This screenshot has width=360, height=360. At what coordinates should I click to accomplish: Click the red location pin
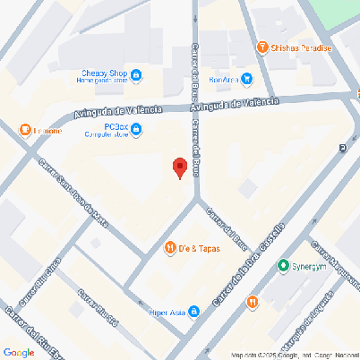(x=179, y=167)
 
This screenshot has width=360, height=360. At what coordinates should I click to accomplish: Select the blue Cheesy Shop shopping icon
(x=135, y=73)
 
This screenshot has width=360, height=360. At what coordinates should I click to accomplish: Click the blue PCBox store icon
(x=136, y=132)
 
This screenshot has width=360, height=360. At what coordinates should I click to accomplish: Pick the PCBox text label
(x=115, y=127)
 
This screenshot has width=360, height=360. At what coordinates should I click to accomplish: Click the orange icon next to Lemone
(x=24, y=131)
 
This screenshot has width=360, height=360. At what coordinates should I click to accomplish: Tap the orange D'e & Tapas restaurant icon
(x=169, y=247)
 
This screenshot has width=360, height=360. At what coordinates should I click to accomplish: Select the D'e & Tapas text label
(x=199, y=248)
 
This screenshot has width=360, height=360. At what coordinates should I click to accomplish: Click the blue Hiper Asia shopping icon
(x=193, y=313)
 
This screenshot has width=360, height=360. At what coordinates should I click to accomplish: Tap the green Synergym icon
(x=283, y=265)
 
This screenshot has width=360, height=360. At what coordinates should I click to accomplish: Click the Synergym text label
(x=312, y=266)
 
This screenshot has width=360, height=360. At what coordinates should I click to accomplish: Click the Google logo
(x=18, y=352)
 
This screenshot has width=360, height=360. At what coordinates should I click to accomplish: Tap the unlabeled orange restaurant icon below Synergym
(x=253, y=302)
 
